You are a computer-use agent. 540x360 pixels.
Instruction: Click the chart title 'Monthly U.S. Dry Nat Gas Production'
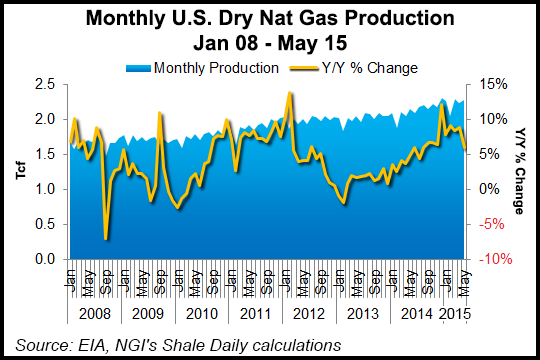coord(270,19)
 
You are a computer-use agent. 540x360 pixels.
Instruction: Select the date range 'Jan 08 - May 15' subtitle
coord(270,44)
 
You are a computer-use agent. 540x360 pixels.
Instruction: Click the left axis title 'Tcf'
coord(21,171)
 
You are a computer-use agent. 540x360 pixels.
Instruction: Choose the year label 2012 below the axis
coord(306,312)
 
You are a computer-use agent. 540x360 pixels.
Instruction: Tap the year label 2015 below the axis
coord(452,312)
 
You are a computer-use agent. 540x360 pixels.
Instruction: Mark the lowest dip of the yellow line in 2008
coord(106,238)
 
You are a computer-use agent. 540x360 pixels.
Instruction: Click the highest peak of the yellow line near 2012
coord(289,93)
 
